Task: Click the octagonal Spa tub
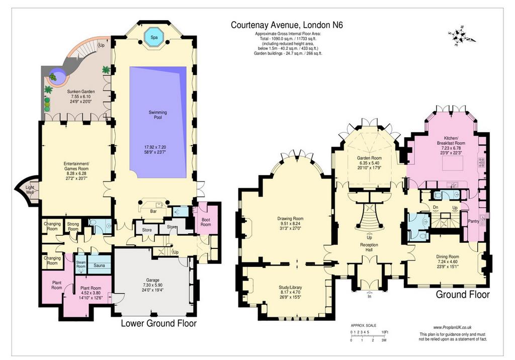click(x=154, y=37)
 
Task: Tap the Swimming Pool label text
click(x=158, y=115)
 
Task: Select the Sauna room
click(x=99, y=265)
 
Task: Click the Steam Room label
click(x=81, y=264)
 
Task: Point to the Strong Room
click(x=73, y=227)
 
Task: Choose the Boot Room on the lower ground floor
click(x=206, y=222)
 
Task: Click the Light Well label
click(x=30, y=190)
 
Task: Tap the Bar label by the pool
click(x=153, y=212)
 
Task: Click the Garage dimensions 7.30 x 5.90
click(x=153, y=285)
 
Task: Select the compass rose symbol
click(x=461, y=37)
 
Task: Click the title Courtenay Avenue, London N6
click(x=287, y=25)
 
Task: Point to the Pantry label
click(x=474, y=221)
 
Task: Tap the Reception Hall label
click(x=369, y=247)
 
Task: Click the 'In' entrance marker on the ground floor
click(x=370, y=296)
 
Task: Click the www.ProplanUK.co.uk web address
click(x=453, y=327)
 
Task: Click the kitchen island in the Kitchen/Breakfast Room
click(x=453, y=163)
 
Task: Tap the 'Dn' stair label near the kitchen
click(x=436, y=208)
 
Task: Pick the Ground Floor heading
click(x=463, y=294)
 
